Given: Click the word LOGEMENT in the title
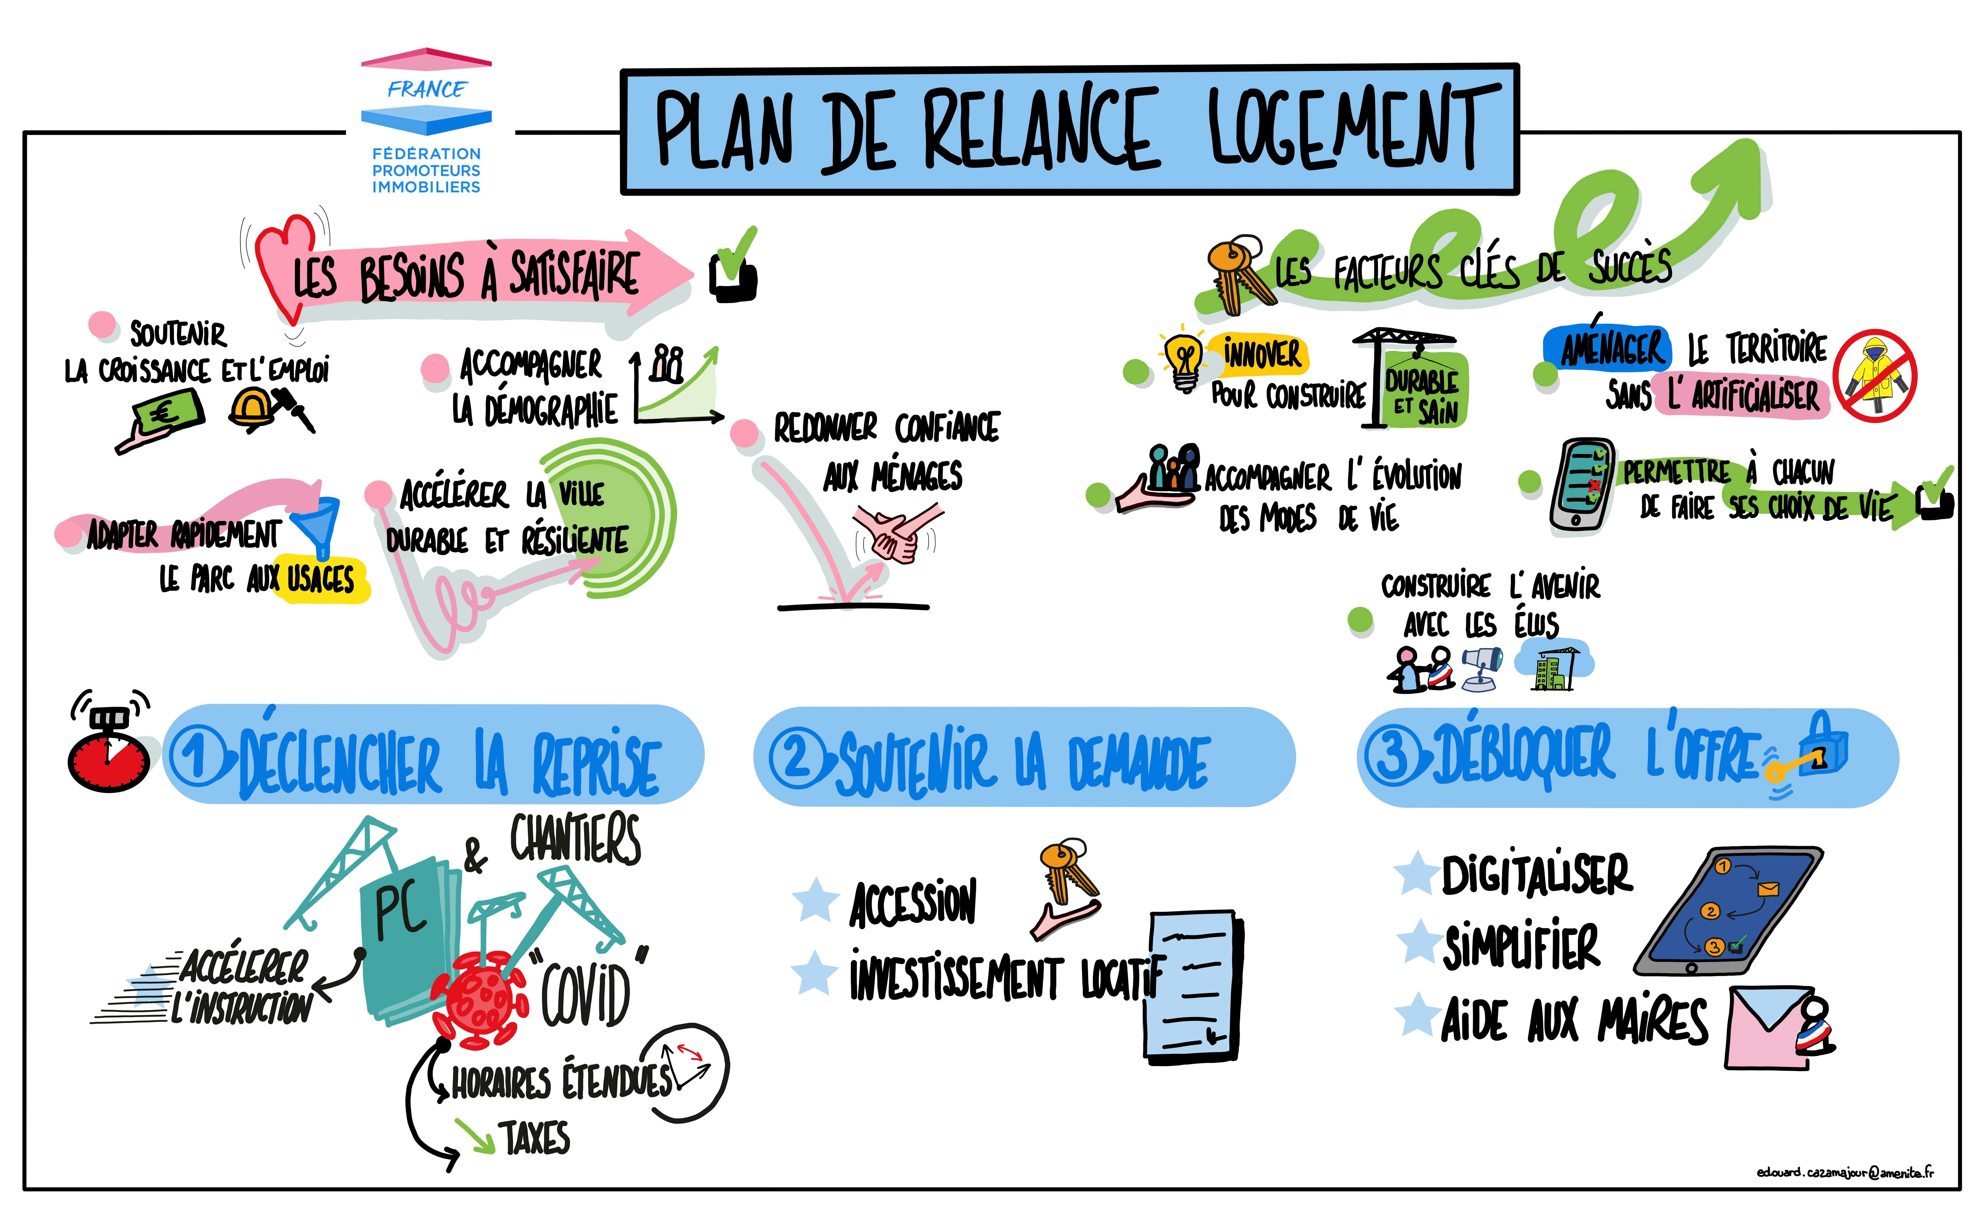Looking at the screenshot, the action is pyautogui.click(x=1344, y=129).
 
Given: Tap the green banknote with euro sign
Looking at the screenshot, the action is pyautogui.click(x=169, y=412).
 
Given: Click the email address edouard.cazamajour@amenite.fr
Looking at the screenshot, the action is pyautogui.click(x=1845, y=1172).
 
